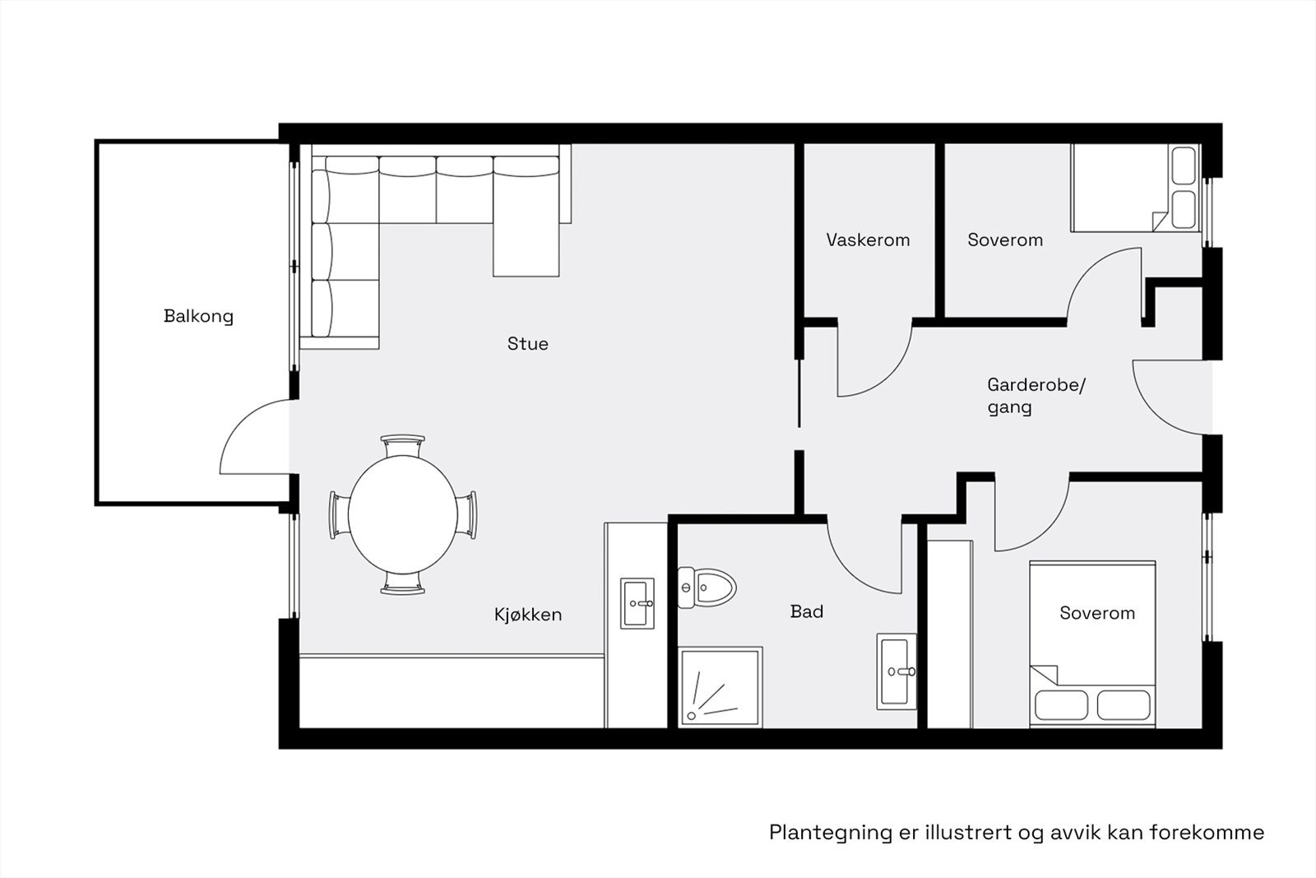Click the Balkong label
tap(198, 316)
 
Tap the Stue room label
tap(527, 344)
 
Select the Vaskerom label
tap(868, 240)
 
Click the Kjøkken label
tap(528, 615)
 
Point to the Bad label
tap(806, 611)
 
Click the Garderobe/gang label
tap(1036, 396)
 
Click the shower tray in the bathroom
tap(721, 687)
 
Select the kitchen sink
tap(637, 603)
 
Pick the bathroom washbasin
tap(897, 671)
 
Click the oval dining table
tap(403, 515)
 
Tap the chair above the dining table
tap(403, 446)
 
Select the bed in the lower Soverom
tap(1092, 643)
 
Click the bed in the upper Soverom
tap(1135, 188)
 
